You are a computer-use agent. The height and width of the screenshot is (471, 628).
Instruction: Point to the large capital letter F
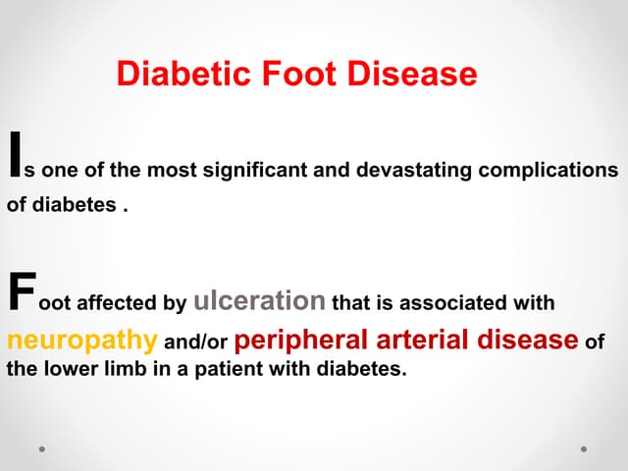tap(20, 292)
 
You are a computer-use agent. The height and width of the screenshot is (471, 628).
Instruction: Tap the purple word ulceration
tap(260, 300)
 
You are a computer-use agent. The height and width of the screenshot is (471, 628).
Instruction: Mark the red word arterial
tap(416, 340)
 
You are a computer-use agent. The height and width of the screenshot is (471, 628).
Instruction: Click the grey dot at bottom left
tap(42, 449)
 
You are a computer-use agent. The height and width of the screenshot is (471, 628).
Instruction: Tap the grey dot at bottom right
tap(584, 449)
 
